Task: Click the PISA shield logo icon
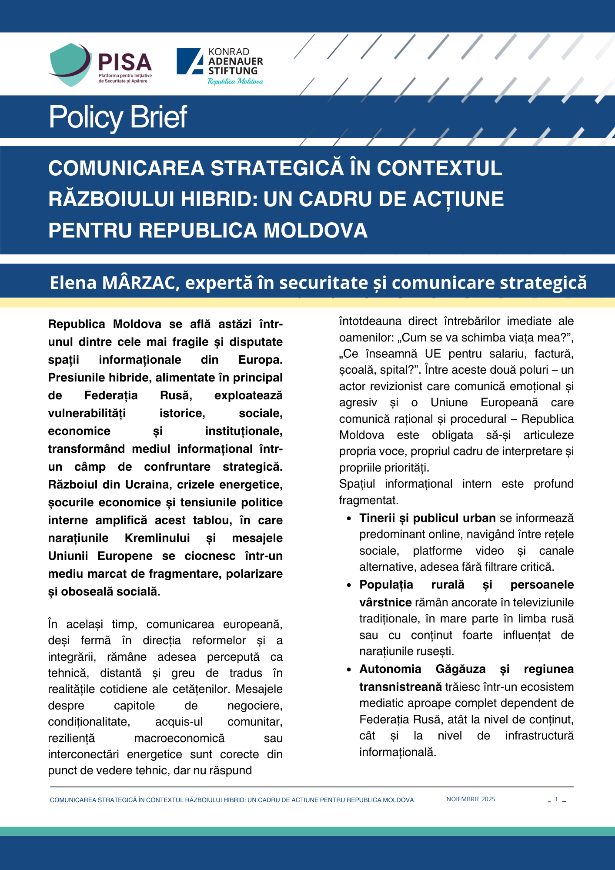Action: click(x=70, y=64)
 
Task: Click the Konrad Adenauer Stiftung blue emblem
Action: click(x=190, y=61)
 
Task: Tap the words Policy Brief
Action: click(x=118, y=117)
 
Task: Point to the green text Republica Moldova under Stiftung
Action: click(x=235, y=81)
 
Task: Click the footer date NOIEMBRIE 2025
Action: click(x=471, y=799)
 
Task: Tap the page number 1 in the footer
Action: click(x=556, y=799)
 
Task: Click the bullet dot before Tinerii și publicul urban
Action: click(x=349, y=519)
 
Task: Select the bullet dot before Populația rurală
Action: click(x=349, y=585)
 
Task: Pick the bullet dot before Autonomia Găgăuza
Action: click(x=349, y=669)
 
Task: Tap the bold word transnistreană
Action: click(x=401, y=687)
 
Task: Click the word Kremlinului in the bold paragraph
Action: click(x=157, y=538)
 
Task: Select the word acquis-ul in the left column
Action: click(x=179, y=722)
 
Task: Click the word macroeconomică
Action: click(x=179, y=738)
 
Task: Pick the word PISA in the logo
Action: click(x=125, y=62)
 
